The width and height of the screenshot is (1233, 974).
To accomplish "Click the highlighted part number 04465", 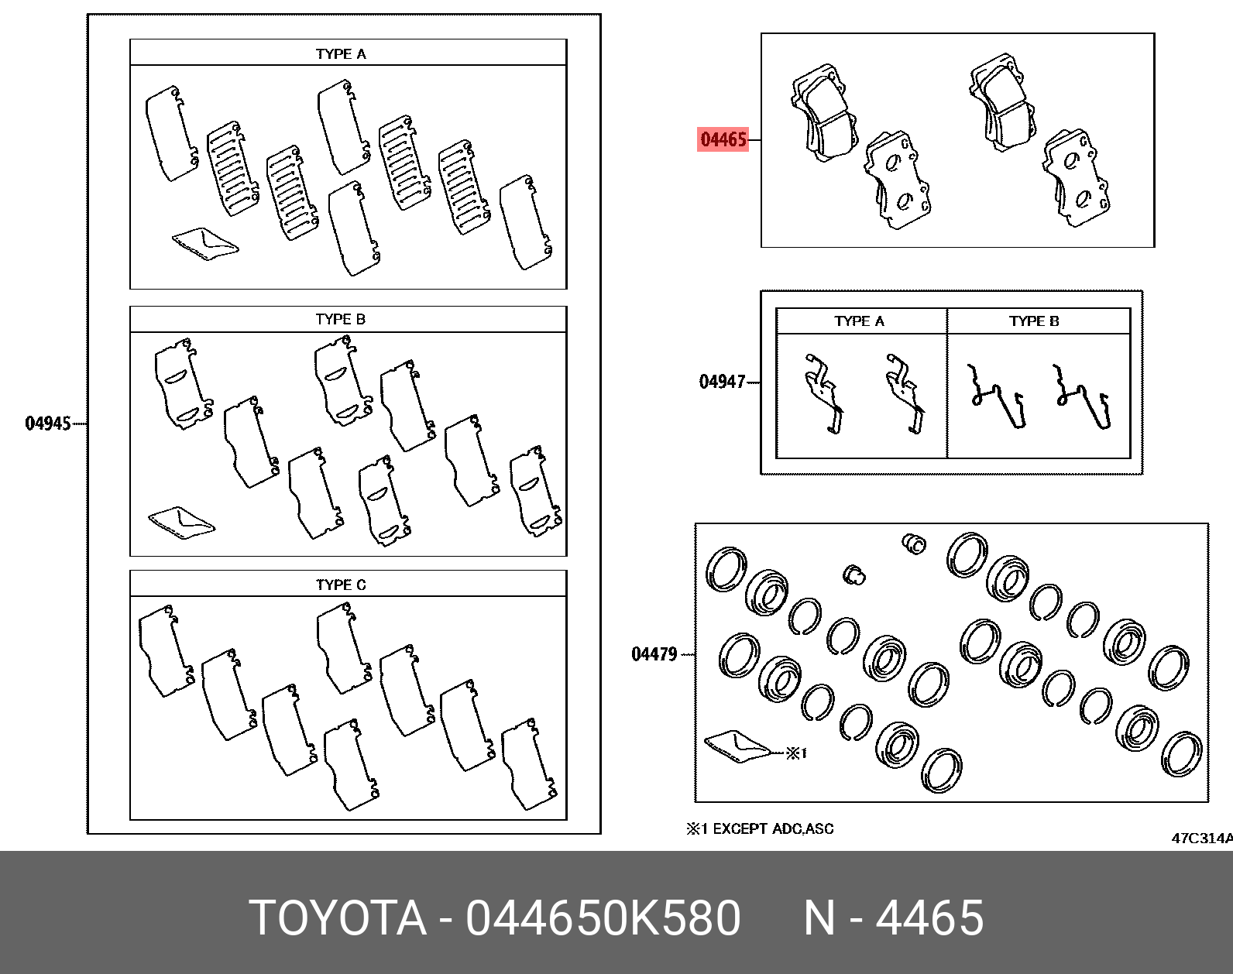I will [x=723, y=140].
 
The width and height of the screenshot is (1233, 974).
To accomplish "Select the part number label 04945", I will [x=48, y=424].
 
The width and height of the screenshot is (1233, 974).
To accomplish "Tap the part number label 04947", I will [x=722, y=382].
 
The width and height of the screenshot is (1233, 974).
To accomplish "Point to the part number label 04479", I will [x=654, y=655].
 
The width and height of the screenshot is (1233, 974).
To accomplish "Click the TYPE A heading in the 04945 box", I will [x=341, y=54].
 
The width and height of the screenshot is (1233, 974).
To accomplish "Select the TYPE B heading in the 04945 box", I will [x=341, y=320].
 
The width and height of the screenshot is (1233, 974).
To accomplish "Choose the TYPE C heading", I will [x=341, y=585].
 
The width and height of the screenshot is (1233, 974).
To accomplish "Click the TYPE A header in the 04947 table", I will [x=859, y=321].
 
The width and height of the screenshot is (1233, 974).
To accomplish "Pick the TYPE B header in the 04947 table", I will [x=1034, y=321].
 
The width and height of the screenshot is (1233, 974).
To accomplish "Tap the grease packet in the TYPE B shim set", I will [x=181, y=520].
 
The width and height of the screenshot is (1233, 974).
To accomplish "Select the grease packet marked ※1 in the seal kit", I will [x=737, y=746].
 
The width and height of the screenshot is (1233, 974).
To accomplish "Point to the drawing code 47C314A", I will [x=1200, y=839].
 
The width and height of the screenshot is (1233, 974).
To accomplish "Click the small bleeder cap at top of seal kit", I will [x=915, y=544].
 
